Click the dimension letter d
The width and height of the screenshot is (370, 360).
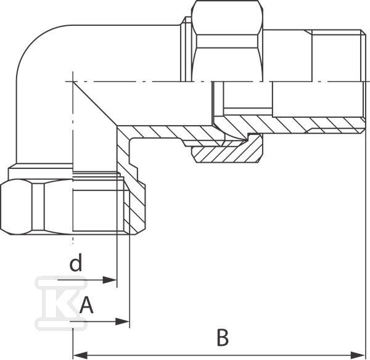76,262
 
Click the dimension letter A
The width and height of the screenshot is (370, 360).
86,305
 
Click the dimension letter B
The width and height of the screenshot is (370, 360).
223,338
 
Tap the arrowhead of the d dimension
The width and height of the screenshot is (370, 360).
110,280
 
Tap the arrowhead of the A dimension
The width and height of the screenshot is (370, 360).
123,321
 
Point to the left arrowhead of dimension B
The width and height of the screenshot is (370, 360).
80,354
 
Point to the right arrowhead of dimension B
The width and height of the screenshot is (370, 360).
358,354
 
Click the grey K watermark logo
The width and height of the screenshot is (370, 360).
61,303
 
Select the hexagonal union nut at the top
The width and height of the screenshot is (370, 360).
227,41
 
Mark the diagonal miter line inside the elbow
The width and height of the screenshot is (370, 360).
95,104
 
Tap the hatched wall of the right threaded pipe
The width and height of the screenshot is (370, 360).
290,124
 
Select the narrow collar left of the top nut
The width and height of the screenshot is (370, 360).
186,49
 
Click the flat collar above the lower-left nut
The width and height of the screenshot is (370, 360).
41,173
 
